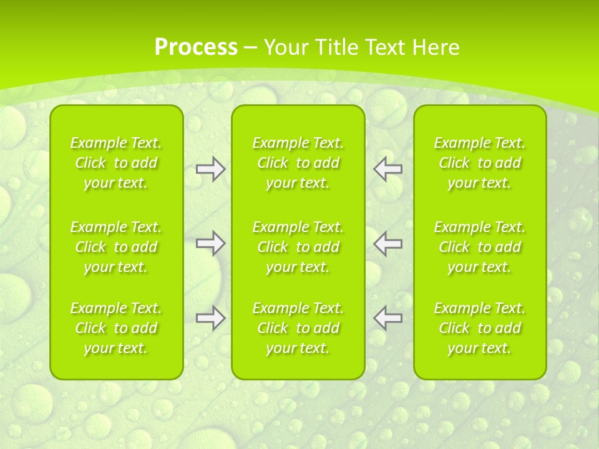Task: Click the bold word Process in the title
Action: click(196, 47)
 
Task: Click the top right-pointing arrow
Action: click(210, 169)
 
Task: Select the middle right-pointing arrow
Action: click(210, 243)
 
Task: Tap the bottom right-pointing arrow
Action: click(210, 318)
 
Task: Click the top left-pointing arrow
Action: click(387, 169)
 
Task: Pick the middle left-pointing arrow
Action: click(387, 243)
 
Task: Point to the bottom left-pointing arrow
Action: click(387, 318)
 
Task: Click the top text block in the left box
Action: click(116, 163)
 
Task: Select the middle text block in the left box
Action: click(116, 247)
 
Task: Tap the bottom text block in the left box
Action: click(116, 328)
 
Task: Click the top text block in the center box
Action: click(298, 163)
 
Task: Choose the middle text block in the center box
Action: click(298, 247)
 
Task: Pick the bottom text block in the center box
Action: click(298, 328)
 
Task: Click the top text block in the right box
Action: click(479, 163)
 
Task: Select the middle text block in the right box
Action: click(479, 247)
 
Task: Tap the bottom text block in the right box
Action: click(479, 328)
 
